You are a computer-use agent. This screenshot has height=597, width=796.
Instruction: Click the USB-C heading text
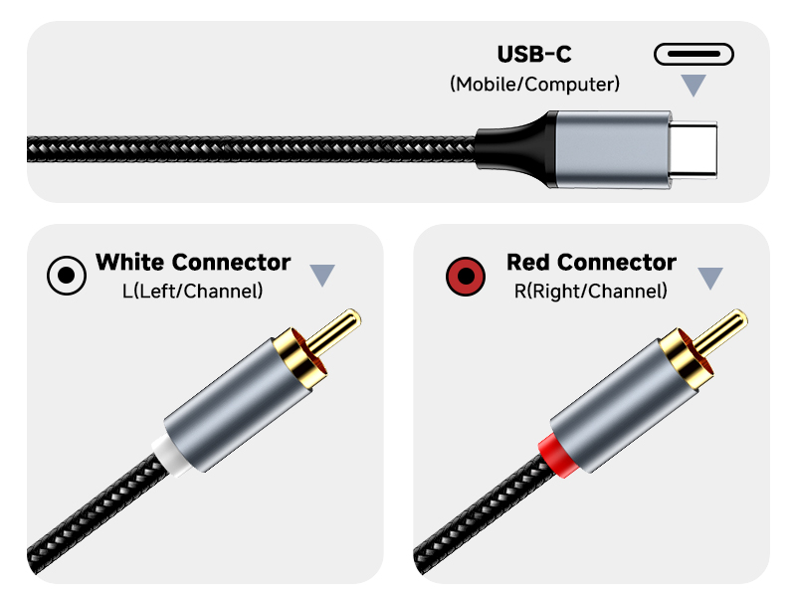(534, 54)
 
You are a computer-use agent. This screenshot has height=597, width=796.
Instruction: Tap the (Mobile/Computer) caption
(534, 84)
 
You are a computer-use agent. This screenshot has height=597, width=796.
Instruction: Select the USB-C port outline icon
(694, 54)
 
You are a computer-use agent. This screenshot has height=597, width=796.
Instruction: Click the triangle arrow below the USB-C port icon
(694, 86)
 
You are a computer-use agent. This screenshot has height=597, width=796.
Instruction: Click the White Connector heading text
(193, 263)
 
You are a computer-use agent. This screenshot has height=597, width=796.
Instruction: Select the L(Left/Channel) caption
(192, 292)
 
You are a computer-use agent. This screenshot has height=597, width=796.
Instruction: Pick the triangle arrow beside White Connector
(322, 276)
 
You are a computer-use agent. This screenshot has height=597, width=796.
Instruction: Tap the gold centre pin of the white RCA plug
(338, 327)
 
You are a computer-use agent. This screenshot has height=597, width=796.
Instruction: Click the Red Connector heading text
(591, 263)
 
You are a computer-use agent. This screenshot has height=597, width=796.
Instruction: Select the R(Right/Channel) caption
(591, 292)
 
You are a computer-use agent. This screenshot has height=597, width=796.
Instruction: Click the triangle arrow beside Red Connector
(709, 278)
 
